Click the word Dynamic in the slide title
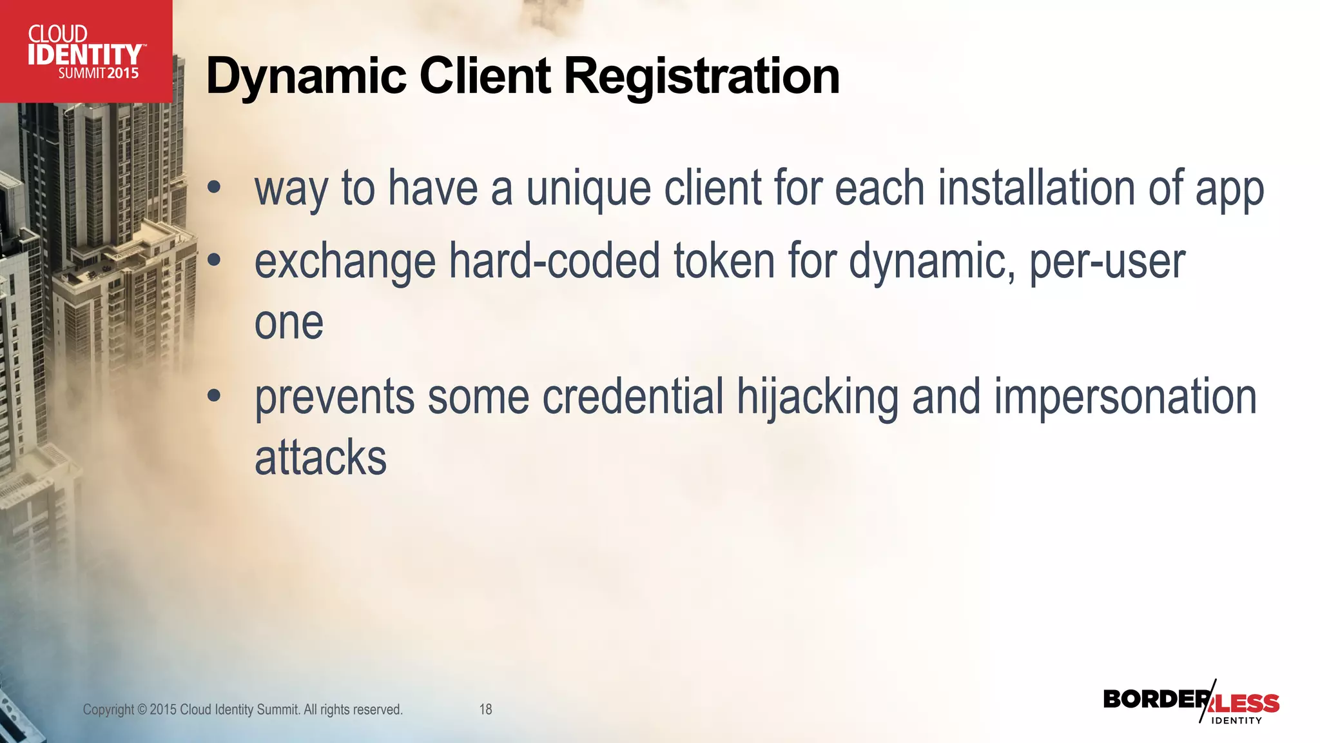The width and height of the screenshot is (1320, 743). point(306,76)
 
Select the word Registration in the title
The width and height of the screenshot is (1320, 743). point(702,76)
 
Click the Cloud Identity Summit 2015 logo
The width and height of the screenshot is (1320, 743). point(86,52)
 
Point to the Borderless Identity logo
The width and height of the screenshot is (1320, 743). point(1191,701)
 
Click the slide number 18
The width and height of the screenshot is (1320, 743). point(485,709)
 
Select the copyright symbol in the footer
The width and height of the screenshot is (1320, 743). point(142,709)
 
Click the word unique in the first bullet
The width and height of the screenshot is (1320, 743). point(588,188)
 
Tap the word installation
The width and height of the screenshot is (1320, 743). point(1036,188)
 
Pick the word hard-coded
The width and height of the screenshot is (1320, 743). point(554,261)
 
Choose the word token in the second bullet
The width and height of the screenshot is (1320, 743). point(724,261)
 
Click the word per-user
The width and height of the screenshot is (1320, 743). point(1107,261)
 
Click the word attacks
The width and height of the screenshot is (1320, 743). point(320,458)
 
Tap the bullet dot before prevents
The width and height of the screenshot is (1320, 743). point(214,395)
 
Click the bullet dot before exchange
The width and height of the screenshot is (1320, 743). point(214,260)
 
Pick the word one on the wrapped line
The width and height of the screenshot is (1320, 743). point(289,322)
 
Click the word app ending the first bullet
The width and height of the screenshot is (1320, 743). point(1229,188)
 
